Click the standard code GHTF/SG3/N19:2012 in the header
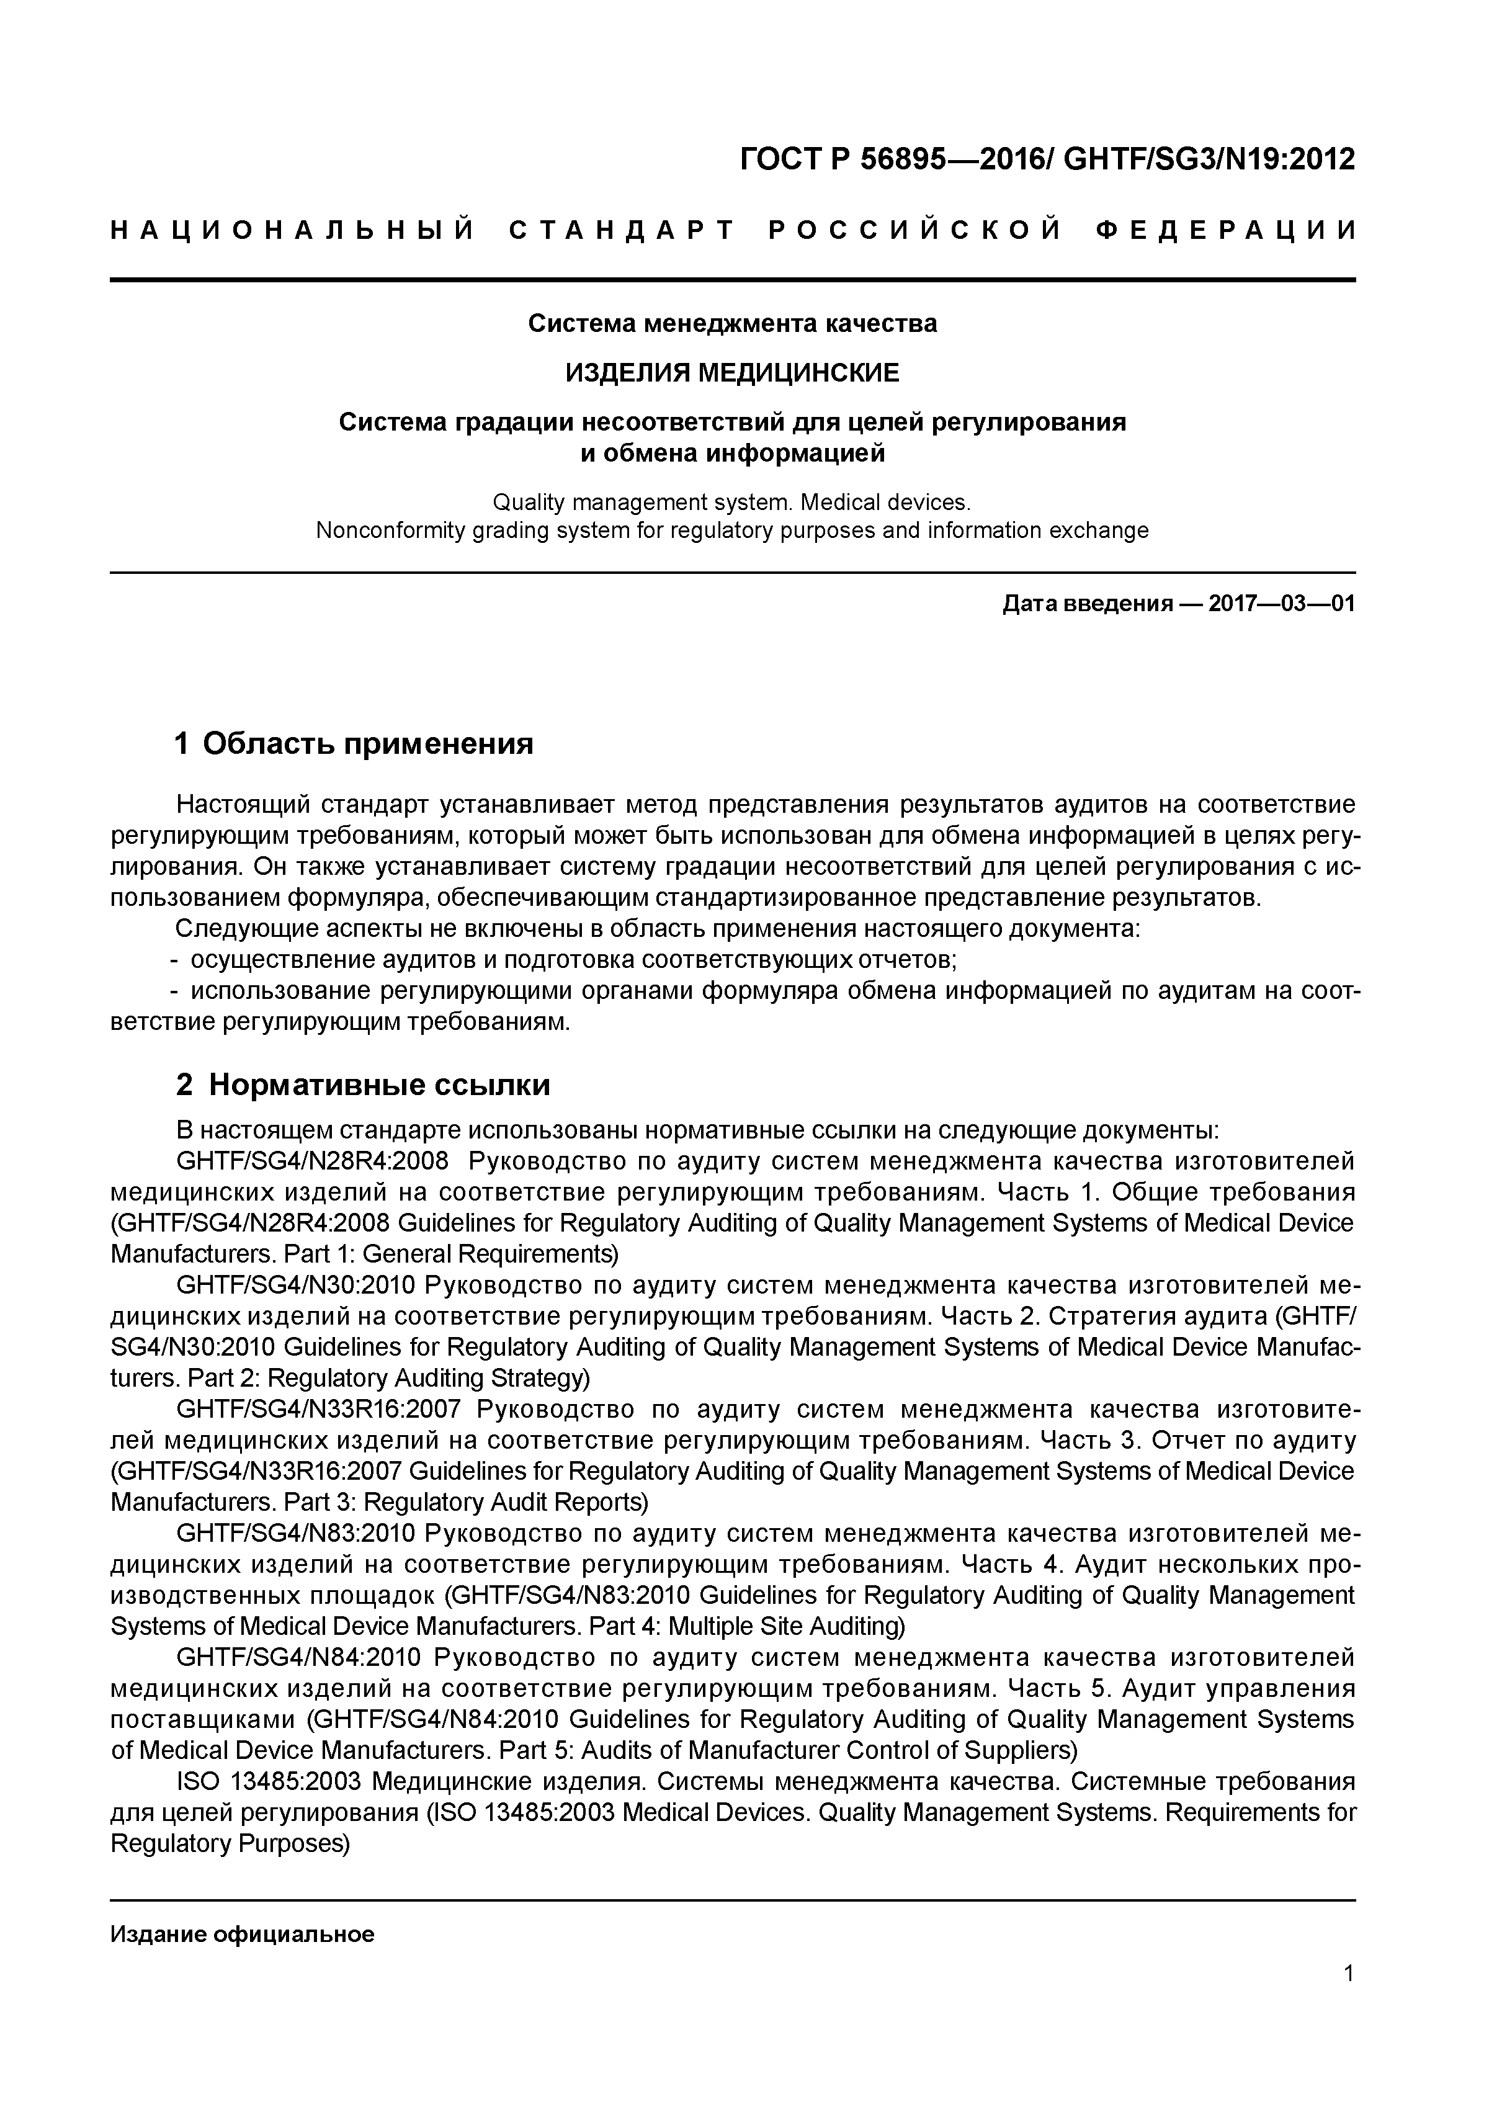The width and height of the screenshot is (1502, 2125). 1209,160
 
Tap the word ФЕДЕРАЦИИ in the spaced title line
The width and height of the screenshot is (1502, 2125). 1225,230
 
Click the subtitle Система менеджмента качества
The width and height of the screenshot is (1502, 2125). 732,324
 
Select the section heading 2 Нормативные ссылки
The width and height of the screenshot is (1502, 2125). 363,1085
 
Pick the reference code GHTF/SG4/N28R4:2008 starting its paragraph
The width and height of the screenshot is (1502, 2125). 312,1161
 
